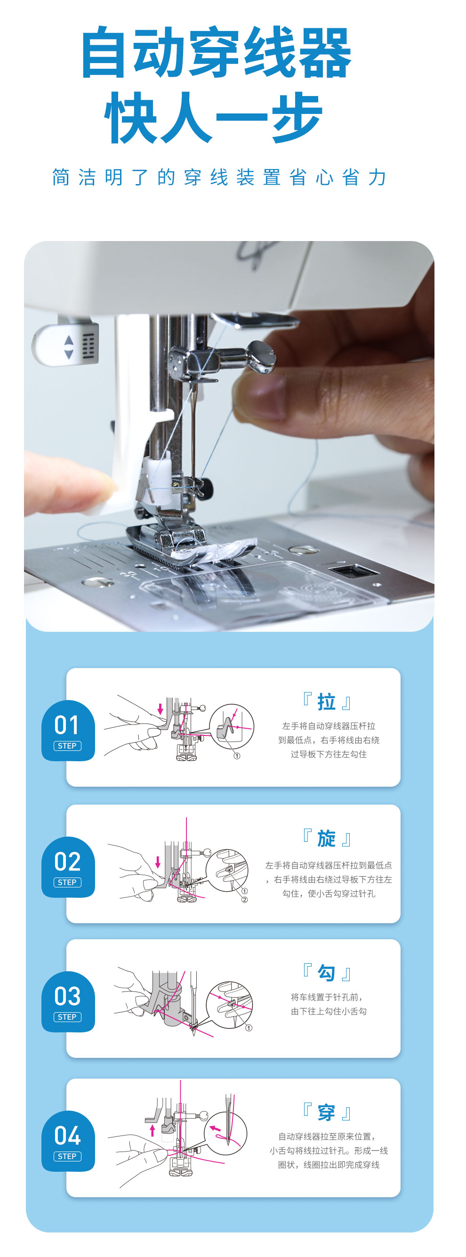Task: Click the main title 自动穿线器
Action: (216, 52)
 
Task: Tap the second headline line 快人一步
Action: (213, 118)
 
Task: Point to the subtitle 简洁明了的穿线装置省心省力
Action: (219, 177)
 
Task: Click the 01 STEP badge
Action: (68, 730)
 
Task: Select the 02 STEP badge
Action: (68, 867)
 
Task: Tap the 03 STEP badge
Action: (68, 1001)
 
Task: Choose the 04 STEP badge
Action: (68, 1141)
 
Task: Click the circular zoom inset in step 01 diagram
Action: (231, 726)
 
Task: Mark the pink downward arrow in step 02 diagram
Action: (158, 862)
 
